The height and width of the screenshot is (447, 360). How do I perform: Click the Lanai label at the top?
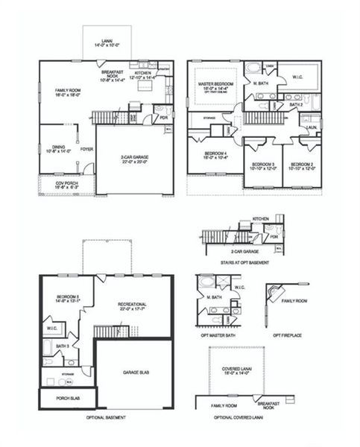(107, 43)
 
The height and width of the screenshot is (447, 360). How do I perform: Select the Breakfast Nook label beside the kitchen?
(111, 73)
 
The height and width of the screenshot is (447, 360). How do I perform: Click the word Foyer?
(87, 148)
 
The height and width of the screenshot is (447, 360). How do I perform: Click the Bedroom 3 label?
(262, 165)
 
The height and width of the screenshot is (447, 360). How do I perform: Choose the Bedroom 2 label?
(302, 165)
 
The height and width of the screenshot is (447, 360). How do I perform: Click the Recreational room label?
(132, 306)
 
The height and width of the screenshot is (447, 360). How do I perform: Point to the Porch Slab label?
(68, 399)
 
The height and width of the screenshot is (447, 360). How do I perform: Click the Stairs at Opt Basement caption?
(239, 263)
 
